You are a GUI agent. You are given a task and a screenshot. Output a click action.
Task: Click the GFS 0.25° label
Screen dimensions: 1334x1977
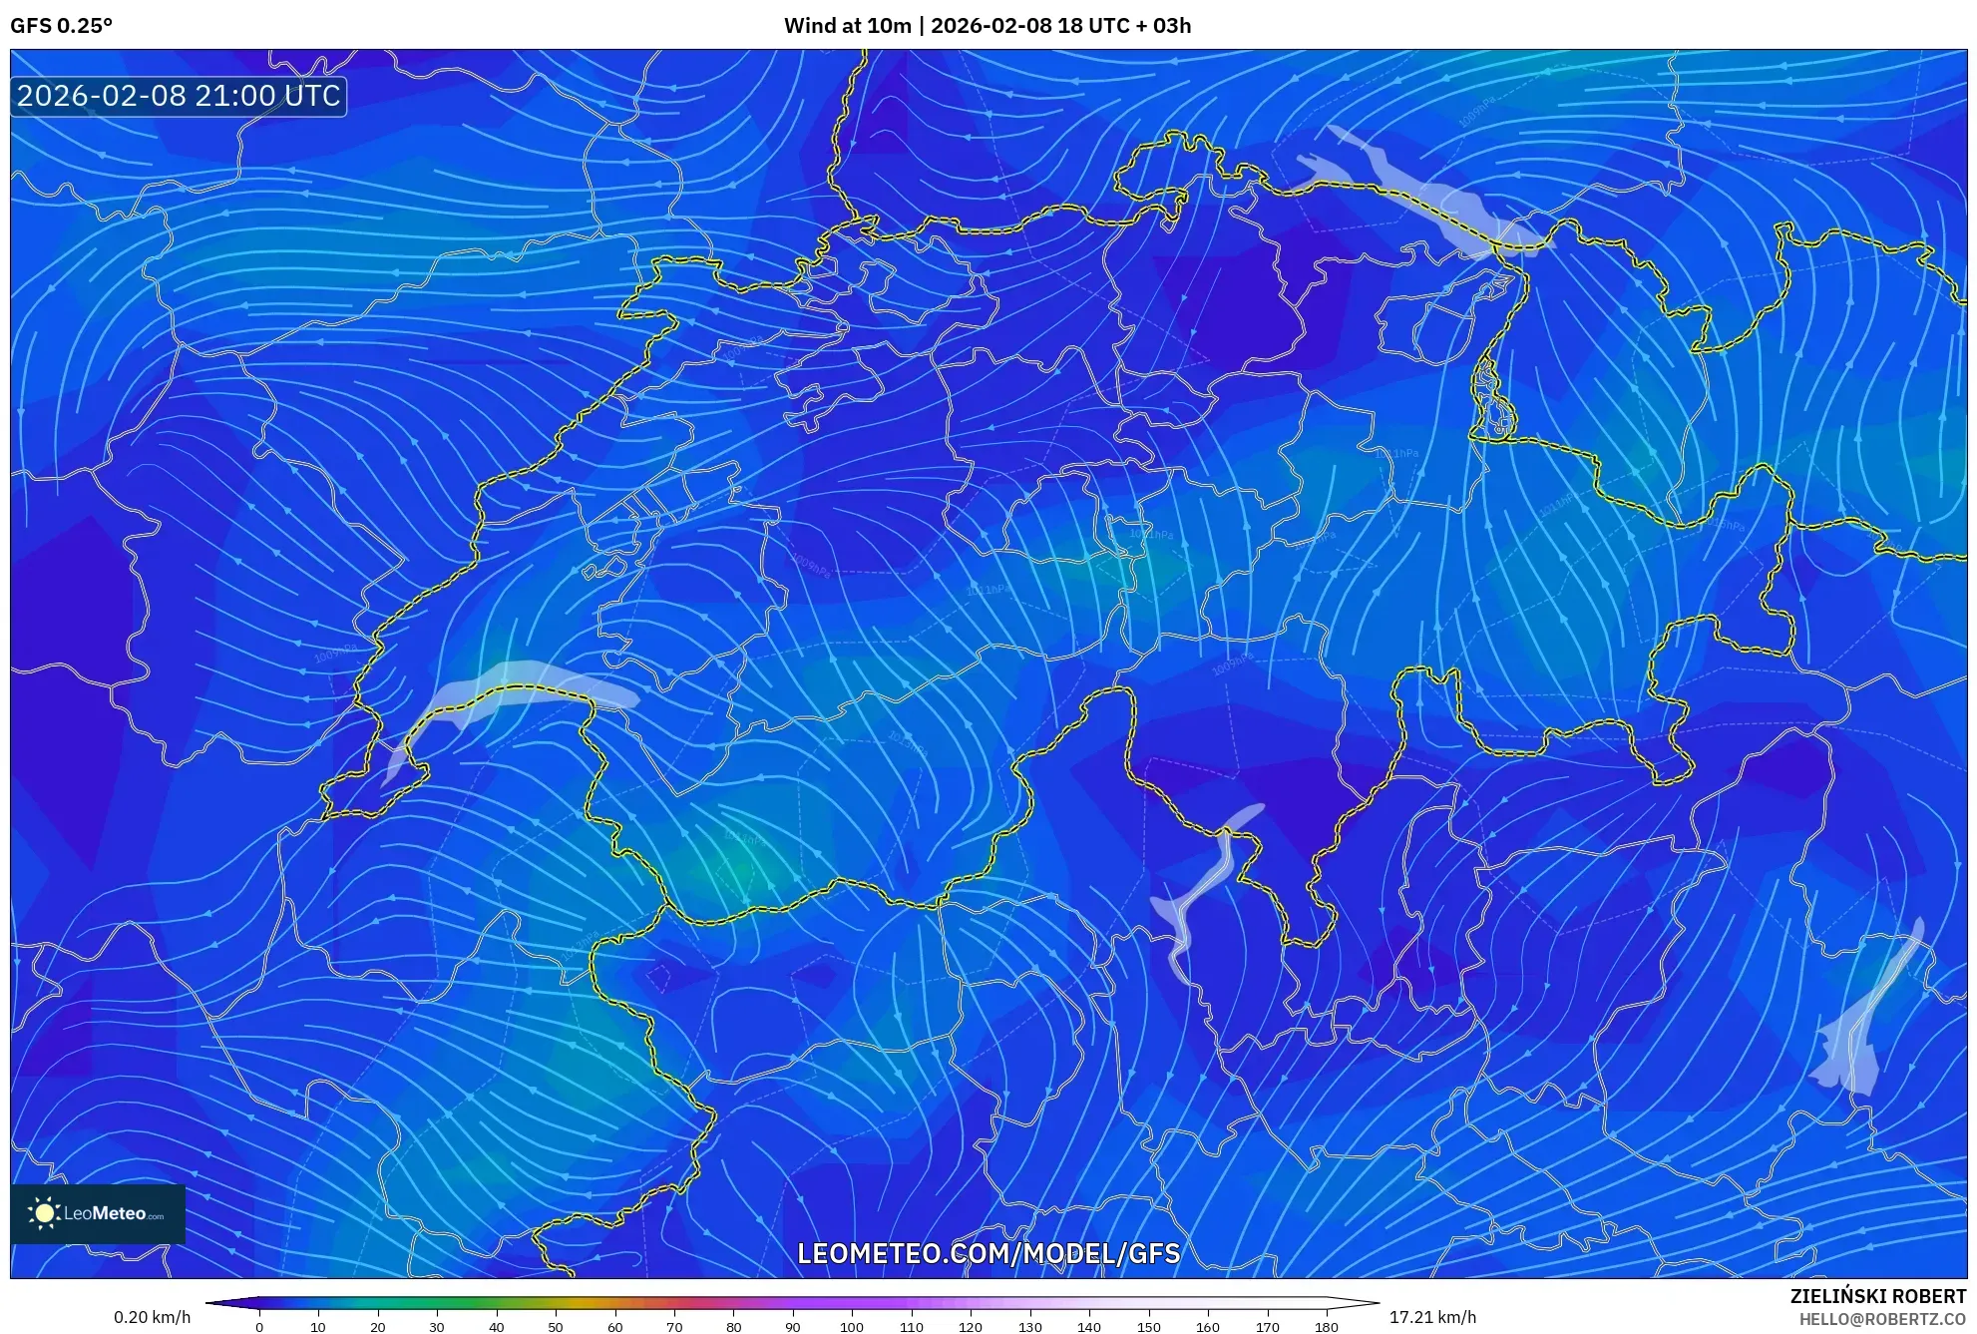61,26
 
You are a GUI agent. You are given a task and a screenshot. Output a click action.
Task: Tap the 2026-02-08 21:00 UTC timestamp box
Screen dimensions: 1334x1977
179,96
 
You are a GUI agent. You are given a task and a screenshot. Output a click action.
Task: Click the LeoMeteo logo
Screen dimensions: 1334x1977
98,1213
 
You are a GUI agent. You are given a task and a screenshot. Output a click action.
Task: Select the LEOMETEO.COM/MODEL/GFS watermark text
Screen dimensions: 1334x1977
988,1253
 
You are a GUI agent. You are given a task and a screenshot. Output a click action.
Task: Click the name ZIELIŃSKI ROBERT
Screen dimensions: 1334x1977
1877,1296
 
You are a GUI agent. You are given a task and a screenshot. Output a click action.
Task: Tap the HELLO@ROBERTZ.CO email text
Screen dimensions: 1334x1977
1882,1319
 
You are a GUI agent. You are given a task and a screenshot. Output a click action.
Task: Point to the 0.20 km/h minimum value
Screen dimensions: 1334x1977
152,1317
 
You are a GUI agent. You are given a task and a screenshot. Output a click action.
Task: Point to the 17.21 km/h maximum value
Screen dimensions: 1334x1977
1432,1317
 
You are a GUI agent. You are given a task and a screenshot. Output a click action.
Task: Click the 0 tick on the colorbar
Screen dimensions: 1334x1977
259,1327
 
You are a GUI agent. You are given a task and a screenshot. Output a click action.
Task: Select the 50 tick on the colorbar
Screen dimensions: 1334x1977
556,1327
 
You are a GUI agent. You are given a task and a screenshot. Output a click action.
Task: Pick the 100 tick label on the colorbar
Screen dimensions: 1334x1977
852,1327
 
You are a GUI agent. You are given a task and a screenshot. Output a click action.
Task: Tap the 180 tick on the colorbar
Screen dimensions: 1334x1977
1326,1327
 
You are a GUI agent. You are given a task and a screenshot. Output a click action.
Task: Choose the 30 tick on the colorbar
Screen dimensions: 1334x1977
437,1327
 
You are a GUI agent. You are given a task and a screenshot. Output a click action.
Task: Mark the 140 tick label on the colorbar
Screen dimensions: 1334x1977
1089,1327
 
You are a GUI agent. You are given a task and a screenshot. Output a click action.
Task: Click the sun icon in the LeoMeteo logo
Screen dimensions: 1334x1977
44,1213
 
